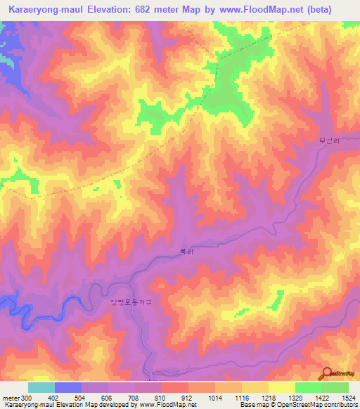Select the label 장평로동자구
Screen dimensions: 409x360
(131, 302)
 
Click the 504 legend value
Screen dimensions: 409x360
(83, 398)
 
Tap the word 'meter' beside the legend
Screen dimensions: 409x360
(11, 398)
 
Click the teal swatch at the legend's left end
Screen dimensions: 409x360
(41, 387)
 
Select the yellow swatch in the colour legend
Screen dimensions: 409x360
(281, 387)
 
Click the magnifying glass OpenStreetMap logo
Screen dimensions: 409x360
(328, 374)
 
